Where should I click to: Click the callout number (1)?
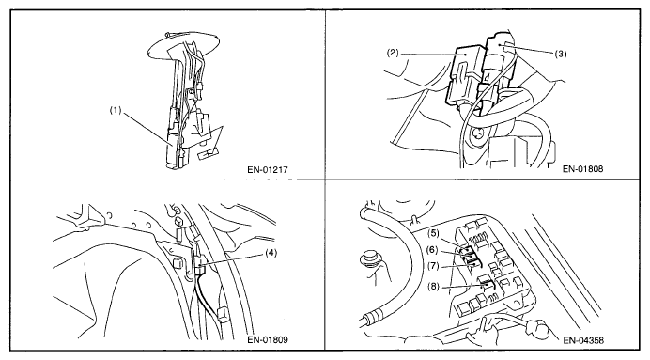[116, 110]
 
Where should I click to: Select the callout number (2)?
[393, 53]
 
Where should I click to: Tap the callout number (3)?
[560, 54]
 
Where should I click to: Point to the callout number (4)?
[271, 253]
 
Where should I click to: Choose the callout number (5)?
[434, 233]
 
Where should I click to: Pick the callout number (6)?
[431, 250]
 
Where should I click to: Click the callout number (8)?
[433, 287]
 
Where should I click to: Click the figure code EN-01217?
[268, 169]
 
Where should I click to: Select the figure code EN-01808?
[583, 169]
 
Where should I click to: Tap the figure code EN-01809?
[268, 339]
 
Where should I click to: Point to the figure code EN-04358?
[583, 340]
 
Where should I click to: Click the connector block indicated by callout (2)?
[464, 77]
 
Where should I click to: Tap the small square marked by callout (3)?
[508, 50]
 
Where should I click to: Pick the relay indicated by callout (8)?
[487, 285]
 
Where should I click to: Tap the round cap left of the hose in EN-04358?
[370, 258]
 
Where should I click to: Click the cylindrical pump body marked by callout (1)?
[173, 146]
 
